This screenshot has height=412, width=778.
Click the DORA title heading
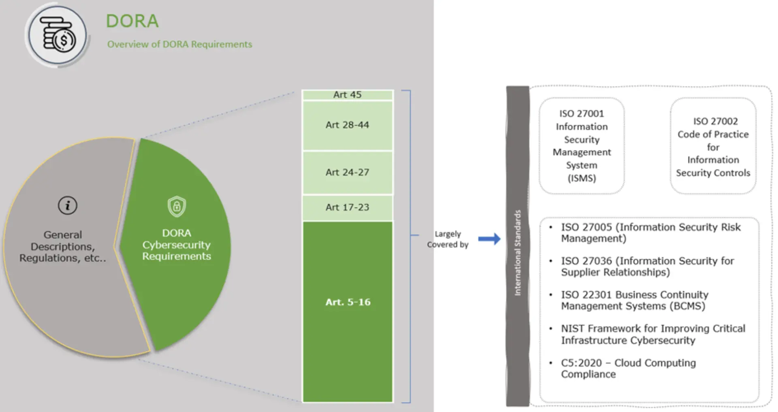click(x=132, y=21)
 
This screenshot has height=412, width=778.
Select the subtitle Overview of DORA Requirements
click(x=180, y=44)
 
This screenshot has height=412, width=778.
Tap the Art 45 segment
click(x=347, y=95)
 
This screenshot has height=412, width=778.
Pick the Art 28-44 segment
click(x=347, y=125)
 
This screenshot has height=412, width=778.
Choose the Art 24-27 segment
click(x=347, y=173)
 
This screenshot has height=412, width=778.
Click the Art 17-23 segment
click(x=347, y=207)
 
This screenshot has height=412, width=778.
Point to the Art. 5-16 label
click(x=348, y=302)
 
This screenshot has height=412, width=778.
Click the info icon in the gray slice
click(x=67, y=205)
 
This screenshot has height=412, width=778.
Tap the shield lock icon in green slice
click(x=177, y=207)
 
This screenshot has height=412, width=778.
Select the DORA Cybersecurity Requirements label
click(x=177, y=245)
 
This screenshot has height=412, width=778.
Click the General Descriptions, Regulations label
click(x=63, y=246)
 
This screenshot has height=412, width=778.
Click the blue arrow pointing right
click(x=489, y=239)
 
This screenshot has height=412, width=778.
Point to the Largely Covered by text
click(x=448, y=239)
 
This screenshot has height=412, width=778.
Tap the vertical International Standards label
click(x=517, y=253)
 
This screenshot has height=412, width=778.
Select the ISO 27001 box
click(x=581, y=146)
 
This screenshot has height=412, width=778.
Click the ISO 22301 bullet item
click(x=635, y=300)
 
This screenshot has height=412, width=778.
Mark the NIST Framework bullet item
click(x=652, y=334)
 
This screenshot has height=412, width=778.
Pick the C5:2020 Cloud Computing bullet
click(x=628, y=368)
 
